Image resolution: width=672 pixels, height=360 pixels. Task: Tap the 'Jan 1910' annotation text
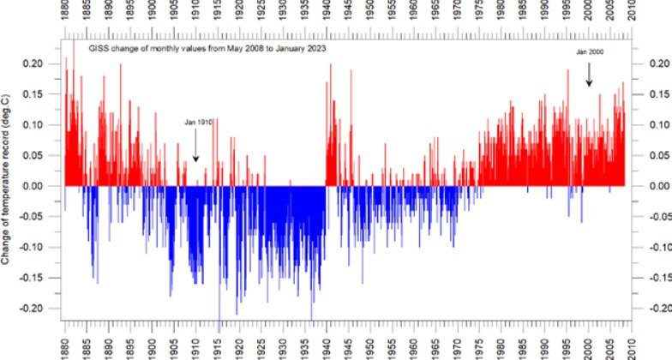(x=197, y=122)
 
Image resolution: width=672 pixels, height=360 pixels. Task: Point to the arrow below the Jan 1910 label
(x=195, y=151)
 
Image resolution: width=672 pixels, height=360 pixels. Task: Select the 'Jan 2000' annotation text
(x=591, y=53)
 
